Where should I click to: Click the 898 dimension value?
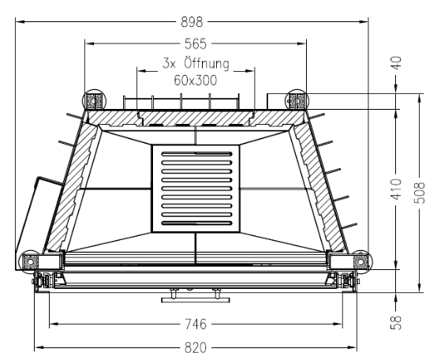tap(192, 22)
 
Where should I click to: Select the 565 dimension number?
tap(196, 43)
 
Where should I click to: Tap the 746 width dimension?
tap(196, 324)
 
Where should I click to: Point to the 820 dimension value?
tap(196, 347)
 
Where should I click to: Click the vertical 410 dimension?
tap(396, 189)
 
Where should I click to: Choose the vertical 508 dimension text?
tap(420, 193)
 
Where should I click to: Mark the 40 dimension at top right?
tap(396, 62)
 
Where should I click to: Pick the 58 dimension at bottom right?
tap(396, 322)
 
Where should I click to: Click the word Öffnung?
tap(207, 64)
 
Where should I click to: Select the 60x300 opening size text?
tap(196, 81)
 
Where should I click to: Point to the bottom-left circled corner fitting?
tap(29, 261)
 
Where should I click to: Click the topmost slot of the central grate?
tap(196, 154)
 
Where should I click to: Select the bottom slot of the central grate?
tap(196, 223)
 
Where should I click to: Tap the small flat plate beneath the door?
tap(196, 300)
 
